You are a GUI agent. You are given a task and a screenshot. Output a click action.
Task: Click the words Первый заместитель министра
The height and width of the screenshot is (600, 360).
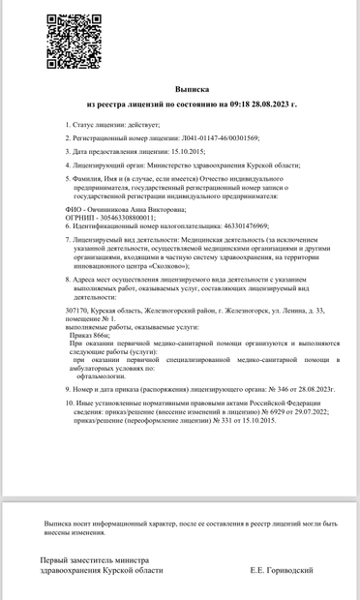point(94,560)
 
